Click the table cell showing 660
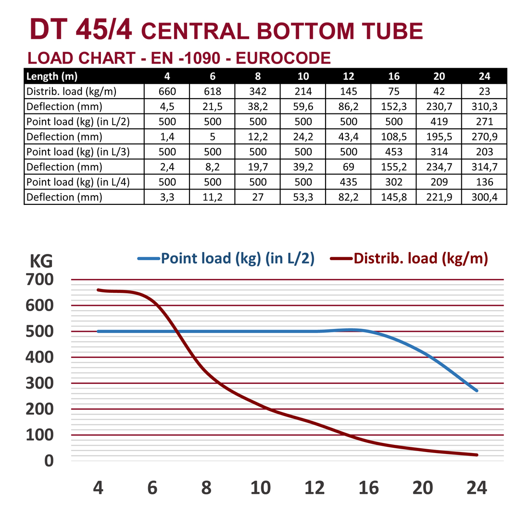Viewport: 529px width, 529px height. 167,91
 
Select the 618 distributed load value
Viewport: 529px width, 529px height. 213,91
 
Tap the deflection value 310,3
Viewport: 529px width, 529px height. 484,106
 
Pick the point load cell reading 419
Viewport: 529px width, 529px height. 439,122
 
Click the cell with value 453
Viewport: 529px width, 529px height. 394,152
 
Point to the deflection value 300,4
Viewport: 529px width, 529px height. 484,197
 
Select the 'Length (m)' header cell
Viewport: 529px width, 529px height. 52,76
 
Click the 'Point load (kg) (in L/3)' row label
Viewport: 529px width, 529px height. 78,152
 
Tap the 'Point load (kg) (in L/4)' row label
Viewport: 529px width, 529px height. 78,182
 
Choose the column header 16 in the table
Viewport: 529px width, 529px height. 394,76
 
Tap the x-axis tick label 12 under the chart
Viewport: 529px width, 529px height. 315,488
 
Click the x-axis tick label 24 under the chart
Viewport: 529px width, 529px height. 477,488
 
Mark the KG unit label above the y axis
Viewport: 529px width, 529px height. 41,261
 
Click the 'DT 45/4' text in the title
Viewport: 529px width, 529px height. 81,30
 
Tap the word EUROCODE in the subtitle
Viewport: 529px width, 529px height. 283,58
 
